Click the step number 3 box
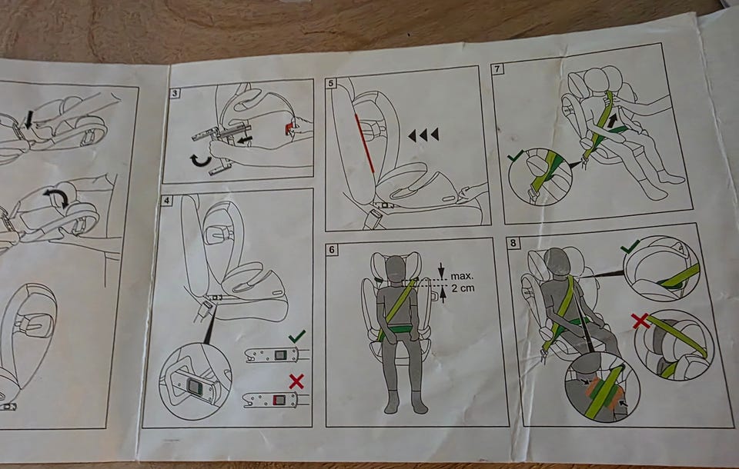pyautogui.click(x=175, y=93)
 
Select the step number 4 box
pyautogui.click(x=166, y=201)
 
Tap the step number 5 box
pyautogui.click(x=331, y=83)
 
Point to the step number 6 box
pyautogui.click(x=332, y=250)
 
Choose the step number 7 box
pyautogui.click(x=497, y=68)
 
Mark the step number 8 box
pyautogui.click(x=513, y=243)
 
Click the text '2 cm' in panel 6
pyautogui.click(x=463, y=288)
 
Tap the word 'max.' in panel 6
pyautogui.click(x=462, y=276)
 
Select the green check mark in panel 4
pyautogui.click(x=297, y=336)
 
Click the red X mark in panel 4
pyautogui.click(x=296, y=381)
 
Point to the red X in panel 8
pyautogui.click(x=640, y=321)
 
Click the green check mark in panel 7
pyautogui.click(x=516, y=156)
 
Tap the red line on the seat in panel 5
pyautogui.click(x=365, y=143)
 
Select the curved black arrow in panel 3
pyautogui.click(x=201, y=161)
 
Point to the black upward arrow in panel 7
pyautogui.click(x=612, y=121)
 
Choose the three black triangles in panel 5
pyautogui.click(x=423, y=135)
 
